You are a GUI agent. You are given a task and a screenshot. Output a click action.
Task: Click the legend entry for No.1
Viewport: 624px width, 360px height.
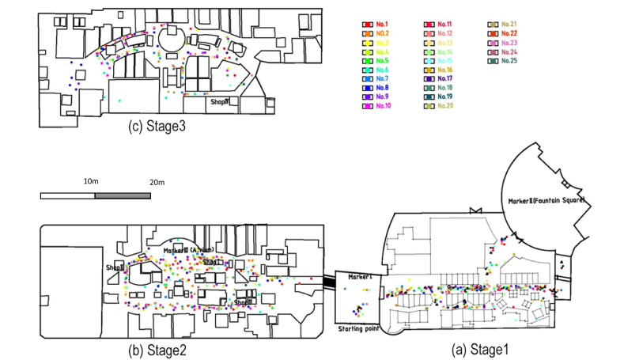[x=376, y=25]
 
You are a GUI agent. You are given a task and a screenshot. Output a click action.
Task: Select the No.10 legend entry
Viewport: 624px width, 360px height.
[x=377, y=106]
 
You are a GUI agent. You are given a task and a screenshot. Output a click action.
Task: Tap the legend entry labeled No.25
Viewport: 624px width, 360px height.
[x=503, y=61]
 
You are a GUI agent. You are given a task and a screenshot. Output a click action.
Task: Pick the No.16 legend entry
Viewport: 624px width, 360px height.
[x=439, y=70]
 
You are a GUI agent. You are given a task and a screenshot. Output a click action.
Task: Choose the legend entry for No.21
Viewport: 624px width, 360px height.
[x=503, y=25]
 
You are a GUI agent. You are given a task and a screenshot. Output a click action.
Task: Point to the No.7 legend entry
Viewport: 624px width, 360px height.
[x=376, y=79]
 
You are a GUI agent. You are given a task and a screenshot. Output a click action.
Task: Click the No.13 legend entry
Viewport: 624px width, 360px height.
[x=439, y=43]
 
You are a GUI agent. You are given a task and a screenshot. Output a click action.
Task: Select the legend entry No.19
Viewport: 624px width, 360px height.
[x=439, y=97]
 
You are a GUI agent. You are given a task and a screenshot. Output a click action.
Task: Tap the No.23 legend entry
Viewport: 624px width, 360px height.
[x=503, y=43]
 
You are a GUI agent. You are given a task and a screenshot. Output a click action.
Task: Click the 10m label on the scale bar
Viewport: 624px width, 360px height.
[x=93, y=182]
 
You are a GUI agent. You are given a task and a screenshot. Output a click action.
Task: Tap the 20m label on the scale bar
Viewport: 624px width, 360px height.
[x=156, y=183]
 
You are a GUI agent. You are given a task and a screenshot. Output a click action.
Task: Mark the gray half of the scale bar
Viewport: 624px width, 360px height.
[x=121, y=195]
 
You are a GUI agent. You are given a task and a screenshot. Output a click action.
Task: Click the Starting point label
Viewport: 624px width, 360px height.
[x=358, y=328]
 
